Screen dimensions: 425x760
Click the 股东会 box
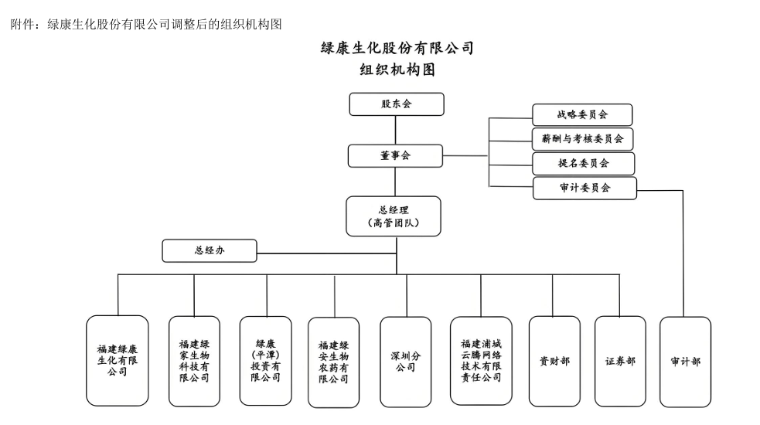pyautogui.click(x=397, y=104)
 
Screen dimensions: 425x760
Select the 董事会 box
pyautogui.click(x=395, y=155)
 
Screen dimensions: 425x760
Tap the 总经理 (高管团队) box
pyautogui.click(x=394, y=216)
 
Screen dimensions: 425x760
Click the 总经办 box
pyautogui.click(x=210, y=250)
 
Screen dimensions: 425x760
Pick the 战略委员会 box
pyautogui.click(x=582, y=114)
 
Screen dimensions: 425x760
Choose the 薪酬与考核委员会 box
pyautogui.click(x=583, y=139)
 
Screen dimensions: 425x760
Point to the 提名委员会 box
pyautogui.click(x=583, y=164)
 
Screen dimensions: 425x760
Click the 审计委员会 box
pyautogui.click(x=584, y=188)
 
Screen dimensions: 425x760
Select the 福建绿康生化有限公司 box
pyautogui.click(x=118, y=360)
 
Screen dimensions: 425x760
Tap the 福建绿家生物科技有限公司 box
pyautogui.click(x=194, y=360)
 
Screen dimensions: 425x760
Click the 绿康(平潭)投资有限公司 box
pyautogui.click(x=266, y=360)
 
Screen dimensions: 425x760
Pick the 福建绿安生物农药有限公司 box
pyautogui.click(x=333, y=362)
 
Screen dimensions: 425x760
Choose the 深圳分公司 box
pyautogui.click(x=405, y=360)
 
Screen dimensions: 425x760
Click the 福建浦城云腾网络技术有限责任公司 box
pyautogui.click(x=481, y=360)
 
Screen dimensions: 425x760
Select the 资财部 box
pyautogui.click(x=554, y=361)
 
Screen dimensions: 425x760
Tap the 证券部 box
pyautogui.click(x=620, y=361)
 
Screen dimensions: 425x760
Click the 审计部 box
pyautogui.click(x=685, y=361)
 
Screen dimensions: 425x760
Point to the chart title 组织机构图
pyautogui.click(x=397, y=70)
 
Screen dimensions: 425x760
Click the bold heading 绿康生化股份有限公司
pyautogui.click(x=397, y=48)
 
